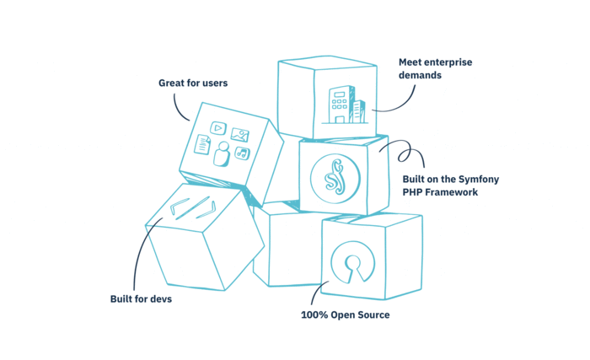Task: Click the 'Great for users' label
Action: pos(193,83)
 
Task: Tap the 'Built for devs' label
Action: pos(141,298)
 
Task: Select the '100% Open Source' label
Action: pos(345,315)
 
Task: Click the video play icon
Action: pos(217,128)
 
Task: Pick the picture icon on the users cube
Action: pos(240,134)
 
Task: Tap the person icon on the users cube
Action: pos(222,153)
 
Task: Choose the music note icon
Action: pos(242,153)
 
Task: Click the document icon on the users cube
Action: pos(202,144)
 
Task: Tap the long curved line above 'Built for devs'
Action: pos(140,253)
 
